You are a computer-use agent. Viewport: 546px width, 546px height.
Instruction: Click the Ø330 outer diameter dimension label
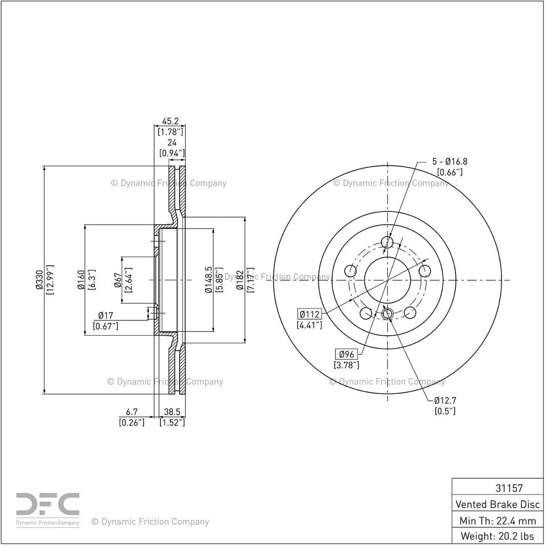39,280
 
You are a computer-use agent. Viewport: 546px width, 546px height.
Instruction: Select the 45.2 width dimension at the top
171,121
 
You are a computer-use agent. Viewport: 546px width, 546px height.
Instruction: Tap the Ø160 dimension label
81,280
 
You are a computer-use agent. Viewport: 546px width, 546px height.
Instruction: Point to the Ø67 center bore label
118,280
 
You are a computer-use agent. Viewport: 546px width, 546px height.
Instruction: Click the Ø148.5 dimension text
208,280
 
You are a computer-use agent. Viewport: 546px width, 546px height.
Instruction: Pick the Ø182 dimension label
239,280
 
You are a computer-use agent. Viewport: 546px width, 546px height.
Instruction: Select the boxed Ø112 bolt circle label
310,314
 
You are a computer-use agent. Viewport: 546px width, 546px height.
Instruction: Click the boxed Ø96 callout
347,354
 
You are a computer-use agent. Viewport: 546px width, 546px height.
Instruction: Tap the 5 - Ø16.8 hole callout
449,161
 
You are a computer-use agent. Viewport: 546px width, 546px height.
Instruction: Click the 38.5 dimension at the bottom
172,412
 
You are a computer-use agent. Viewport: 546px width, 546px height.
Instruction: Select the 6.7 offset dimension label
132,412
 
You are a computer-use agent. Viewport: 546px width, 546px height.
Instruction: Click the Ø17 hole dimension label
106,315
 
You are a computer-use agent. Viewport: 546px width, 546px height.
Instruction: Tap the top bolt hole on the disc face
387,242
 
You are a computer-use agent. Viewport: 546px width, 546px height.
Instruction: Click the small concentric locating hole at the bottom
387,313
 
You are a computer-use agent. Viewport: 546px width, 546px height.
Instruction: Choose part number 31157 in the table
509,488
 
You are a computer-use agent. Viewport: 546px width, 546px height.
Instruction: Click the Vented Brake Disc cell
497,504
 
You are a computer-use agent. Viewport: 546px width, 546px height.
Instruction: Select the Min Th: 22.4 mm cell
497,521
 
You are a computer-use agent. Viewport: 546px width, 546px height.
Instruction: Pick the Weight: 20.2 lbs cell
497,536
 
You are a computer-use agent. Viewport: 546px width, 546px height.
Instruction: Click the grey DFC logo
47,509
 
